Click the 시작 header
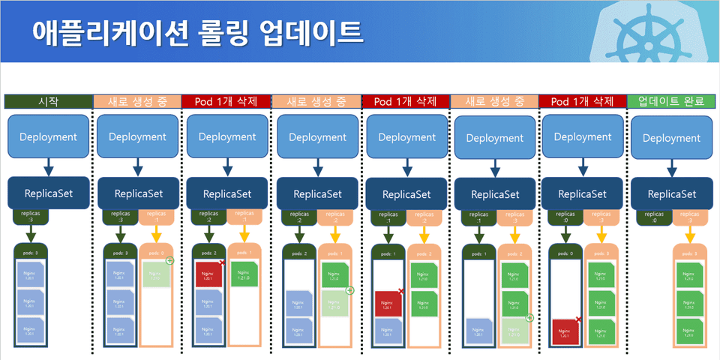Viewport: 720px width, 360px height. [x=47, y=101]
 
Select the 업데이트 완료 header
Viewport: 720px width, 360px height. [x=671, y=101]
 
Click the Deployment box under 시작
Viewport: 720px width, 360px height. [x=47, y=136]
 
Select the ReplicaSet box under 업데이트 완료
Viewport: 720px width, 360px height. [x=671, y=194]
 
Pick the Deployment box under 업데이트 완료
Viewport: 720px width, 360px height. [x=671, y=138]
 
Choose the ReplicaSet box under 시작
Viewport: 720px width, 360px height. [x=47, y=193]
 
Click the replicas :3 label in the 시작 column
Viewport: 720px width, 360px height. [x=30, y=217]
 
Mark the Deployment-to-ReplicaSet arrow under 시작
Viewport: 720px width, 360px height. [x=47, y=166]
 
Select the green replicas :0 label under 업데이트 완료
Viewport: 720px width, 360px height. [x=649, y=217]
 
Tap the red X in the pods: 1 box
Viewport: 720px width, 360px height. [x=400, y=292]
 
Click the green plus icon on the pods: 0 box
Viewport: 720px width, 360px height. [x=169, y=261]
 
